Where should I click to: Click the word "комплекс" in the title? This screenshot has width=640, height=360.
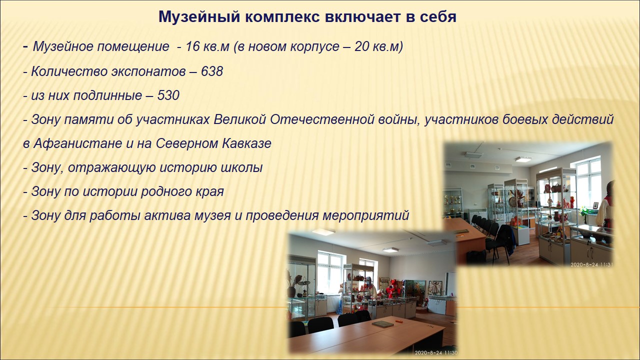[x=282, y=17]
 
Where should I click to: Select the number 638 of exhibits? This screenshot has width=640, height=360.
[x=211, y=71]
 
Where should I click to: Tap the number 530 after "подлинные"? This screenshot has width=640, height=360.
[x=168, y=95]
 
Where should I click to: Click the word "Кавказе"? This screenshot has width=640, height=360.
[x=246, y=143]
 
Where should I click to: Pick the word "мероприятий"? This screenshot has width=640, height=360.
[x=365, y=215]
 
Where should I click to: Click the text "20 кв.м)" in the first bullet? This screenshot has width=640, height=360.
[x=378, y=46]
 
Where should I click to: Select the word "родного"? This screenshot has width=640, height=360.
[x=165, y=191]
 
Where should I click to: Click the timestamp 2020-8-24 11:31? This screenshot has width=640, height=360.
[x=591, y=264]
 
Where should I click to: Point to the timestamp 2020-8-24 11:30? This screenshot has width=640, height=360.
[x=436, y=352]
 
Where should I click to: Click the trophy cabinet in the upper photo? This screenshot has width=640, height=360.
[x=453, y=203]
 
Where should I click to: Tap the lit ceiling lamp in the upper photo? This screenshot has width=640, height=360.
[x=523, y=159]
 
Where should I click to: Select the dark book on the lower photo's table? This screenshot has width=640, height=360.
[x=382, y=323]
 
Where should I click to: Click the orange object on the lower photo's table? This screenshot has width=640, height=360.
[x=398, y=321]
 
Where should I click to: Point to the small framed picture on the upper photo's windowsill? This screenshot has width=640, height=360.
[x=595, y=205]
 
